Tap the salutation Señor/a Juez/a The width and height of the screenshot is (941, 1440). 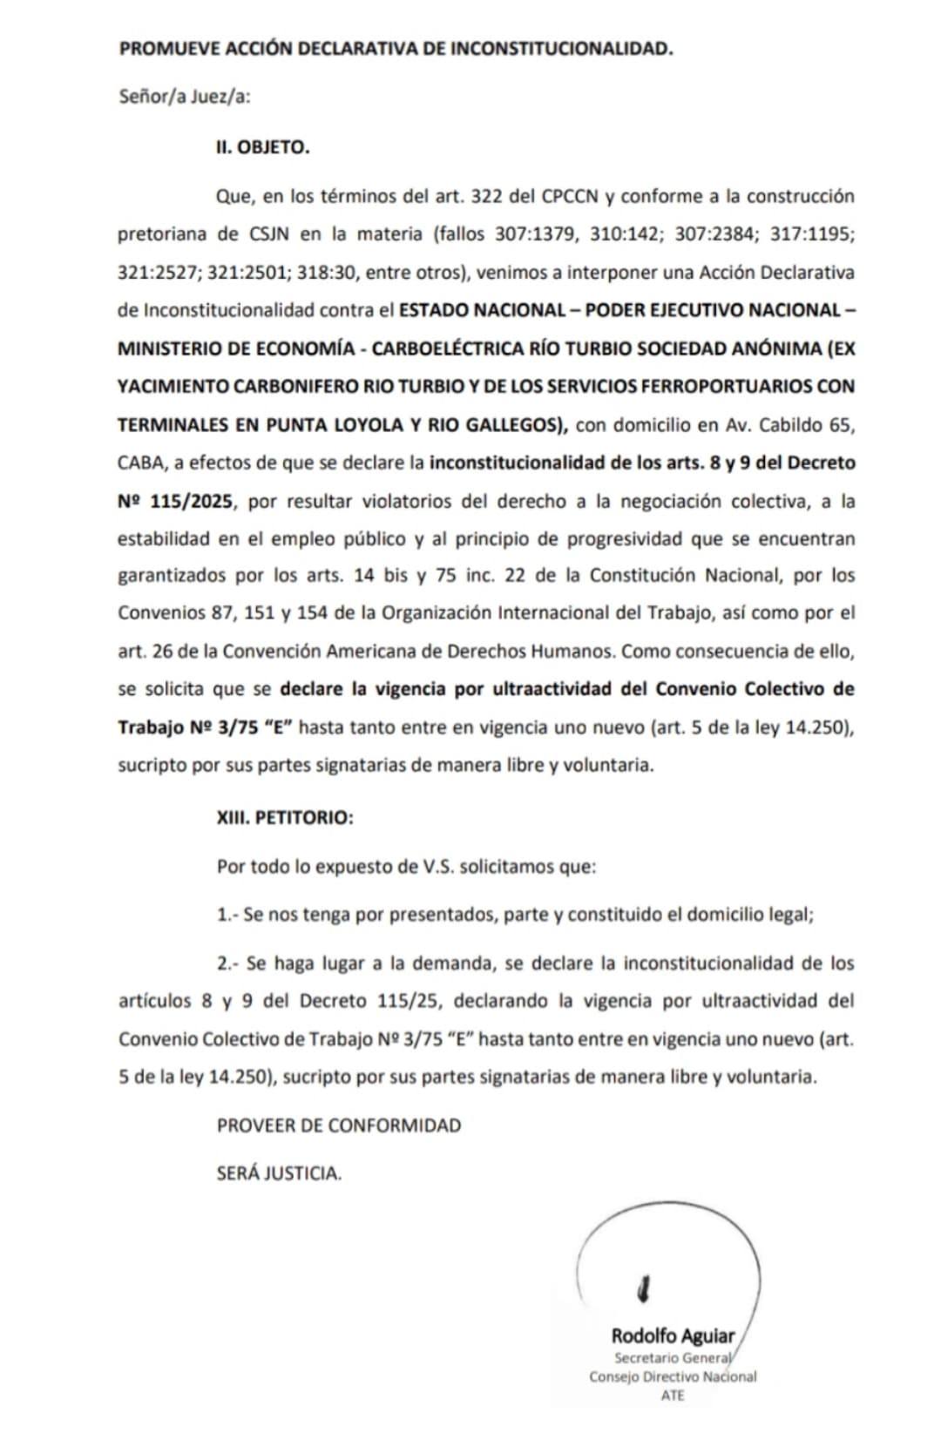(x=185, y=97)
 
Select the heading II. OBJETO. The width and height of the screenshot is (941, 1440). (x=263, y=147)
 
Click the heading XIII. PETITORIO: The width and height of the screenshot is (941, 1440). (x=285, y=818)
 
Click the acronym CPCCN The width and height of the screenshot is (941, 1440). (x=570, y=196)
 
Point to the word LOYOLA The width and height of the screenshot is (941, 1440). (x=351, y=424)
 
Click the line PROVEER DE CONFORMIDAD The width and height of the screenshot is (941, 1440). (x=339, y=1125)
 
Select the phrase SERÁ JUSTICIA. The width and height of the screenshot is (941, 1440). (x=279, y=1173)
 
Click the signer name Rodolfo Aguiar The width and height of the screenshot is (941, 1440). (x=673, y=1335)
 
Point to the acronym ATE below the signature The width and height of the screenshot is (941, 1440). (x=673, y=1395)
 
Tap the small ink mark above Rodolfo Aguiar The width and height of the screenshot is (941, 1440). (x=645, y=1287)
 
